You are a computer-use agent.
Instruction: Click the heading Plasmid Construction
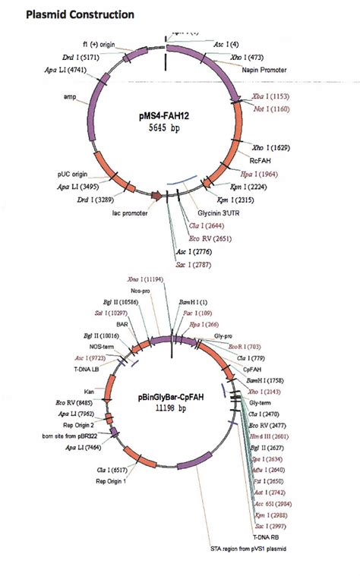[70, 14]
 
